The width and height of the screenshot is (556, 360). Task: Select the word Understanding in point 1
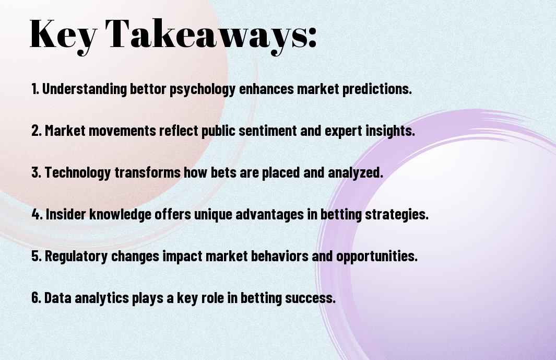click(85, 88)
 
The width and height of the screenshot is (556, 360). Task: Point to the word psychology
click(203, 89)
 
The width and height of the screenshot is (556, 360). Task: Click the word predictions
click(377, 89)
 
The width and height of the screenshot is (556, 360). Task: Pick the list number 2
click(37, 131)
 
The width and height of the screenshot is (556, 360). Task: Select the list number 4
click(37, 214)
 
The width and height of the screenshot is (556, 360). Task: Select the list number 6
click(37, 297)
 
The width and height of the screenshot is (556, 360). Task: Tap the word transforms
click(148, 172)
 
